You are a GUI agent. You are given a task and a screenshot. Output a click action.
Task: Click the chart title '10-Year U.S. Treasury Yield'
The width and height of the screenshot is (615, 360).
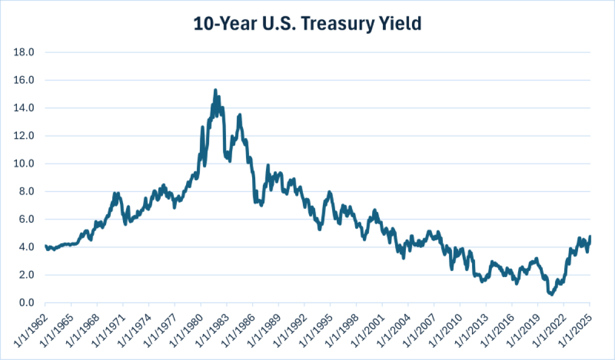307,24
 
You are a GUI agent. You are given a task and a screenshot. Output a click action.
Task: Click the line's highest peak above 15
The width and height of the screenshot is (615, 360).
215,90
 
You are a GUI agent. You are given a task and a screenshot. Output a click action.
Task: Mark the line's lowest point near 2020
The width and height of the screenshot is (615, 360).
551,294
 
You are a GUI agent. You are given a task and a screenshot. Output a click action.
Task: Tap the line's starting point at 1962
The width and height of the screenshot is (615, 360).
46,246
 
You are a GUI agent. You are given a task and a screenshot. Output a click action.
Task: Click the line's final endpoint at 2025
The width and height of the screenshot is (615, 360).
590,237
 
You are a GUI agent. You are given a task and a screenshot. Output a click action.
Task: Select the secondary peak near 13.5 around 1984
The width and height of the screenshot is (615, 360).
239,115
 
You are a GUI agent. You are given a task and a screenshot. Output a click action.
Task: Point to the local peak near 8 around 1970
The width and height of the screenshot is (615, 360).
114,194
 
